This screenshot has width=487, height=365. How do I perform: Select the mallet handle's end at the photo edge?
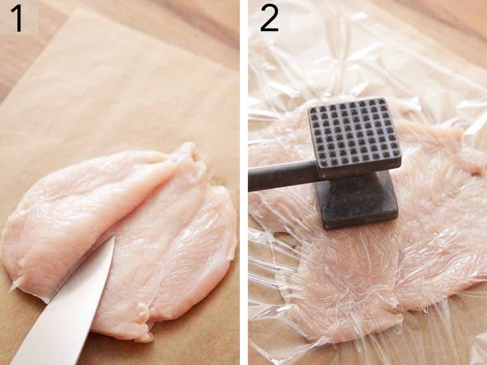click(x=251, y=180)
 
